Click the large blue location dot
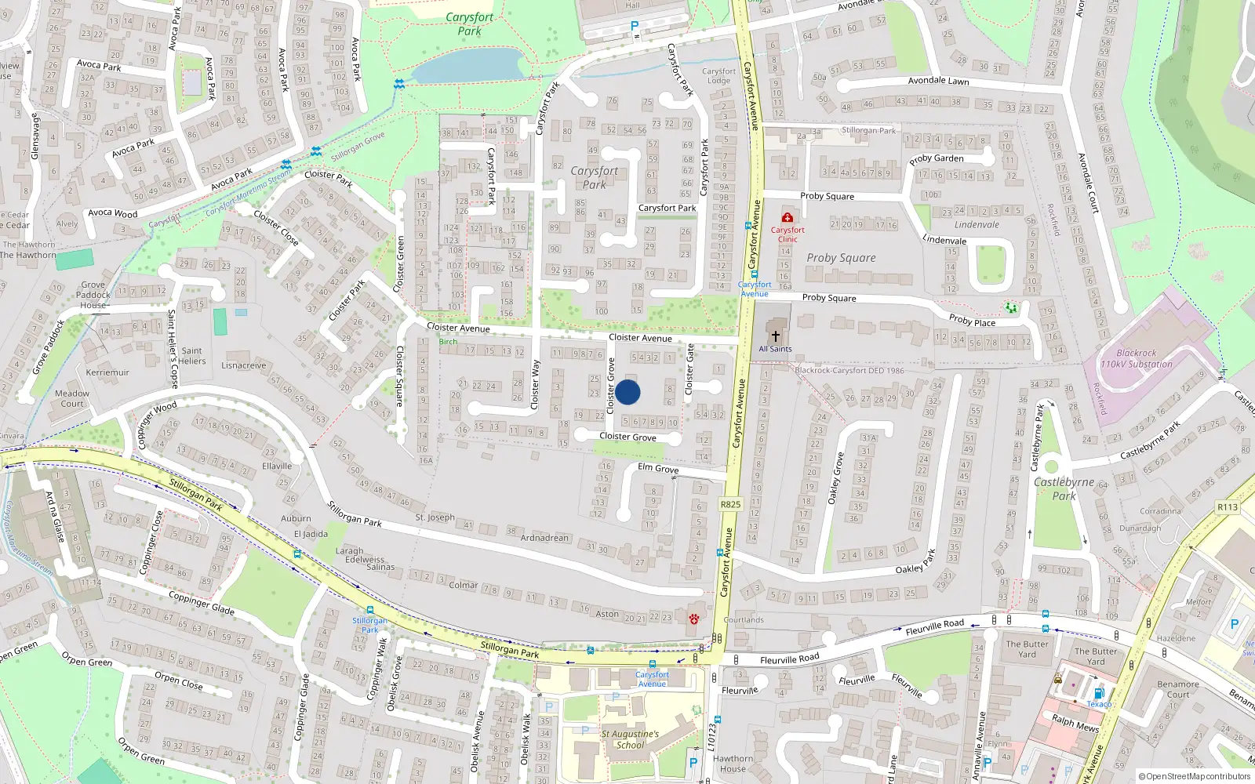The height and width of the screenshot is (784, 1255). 627,392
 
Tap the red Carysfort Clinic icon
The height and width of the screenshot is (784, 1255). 787,217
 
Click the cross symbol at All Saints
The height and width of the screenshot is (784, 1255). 775,335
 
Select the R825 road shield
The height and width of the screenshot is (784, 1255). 730,504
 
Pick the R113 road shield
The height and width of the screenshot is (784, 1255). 1228,507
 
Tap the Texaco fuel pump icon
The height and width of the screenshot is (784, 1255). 1099,693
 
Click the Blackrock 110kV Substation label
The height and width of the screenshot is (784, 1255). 1137,358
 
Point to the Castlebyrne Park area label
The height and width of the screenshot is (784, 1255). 1064,488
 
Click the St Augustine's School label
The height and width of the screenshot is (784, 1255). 630,739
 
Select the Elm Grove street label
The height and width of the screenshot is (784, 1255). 658,468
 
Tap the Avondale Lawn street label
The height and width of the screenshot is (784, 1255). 938,81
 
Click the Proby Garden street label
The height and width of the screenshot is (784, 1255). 937,158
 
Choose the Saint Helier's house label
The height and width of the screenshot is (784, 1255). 192,356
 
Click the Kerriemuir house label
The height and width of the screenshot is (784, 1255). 107,372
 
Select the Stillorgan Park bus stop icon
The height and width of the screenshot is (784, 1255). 369,610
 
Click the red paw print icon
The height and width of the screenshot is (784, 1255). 694,619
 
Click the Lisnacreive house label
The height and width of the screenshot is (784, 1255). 243,365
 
